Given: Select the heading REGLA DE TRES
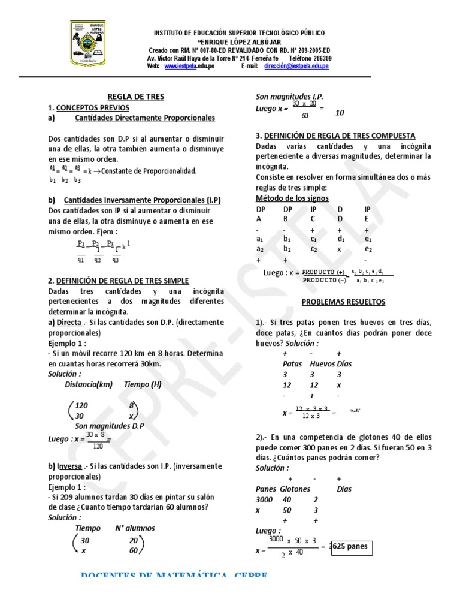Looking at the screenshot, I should pos(135,97).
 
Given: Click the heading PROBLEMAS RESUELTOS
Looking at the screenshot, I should pos(343,302).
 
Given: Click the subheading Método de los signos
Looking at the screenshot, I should pos(292,198).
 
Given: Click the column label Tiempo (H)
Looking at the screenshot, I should pos(143,384).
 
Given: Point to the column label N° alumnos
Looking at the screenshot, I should pos(135,528).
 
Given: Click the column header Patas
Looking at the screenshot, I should pos(292,363).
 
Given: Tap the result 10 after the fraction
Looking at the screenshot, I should pos(340,113).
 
